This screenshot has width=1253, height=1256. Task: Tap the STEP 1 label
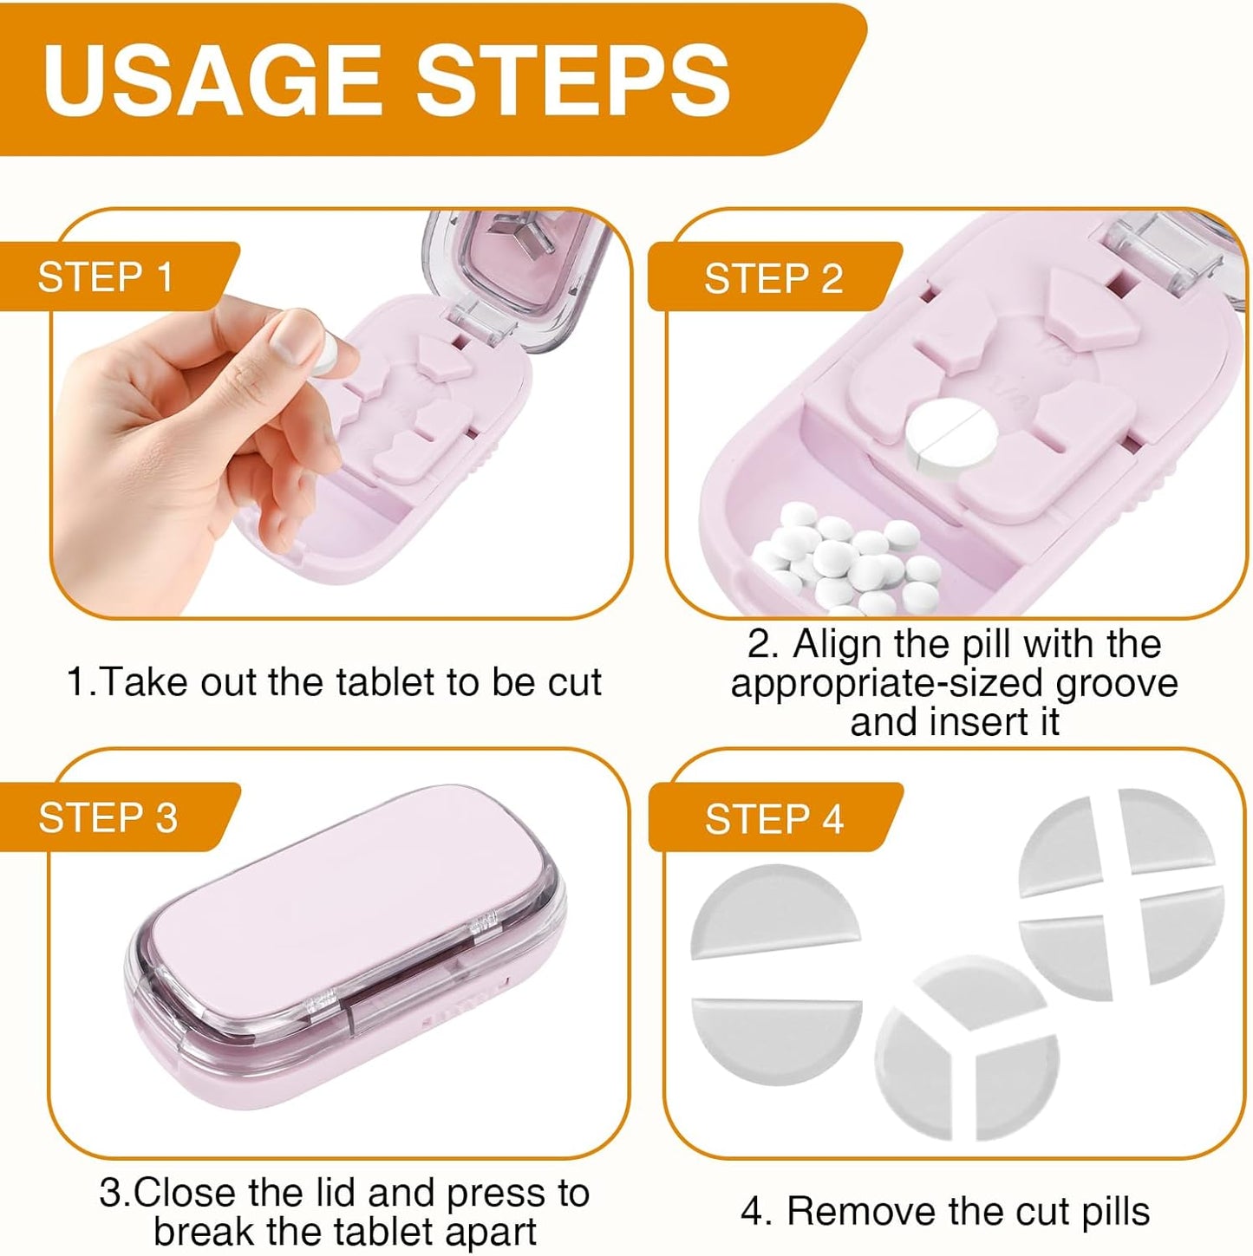106,277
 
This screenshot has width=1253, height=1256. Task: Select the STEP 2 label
773,279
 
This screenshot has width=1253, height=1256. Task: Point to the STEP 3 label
108,817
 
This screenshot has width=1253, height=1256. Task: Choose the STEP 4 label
773,819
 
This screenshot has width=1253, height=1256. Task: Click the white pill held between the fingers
325,355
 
